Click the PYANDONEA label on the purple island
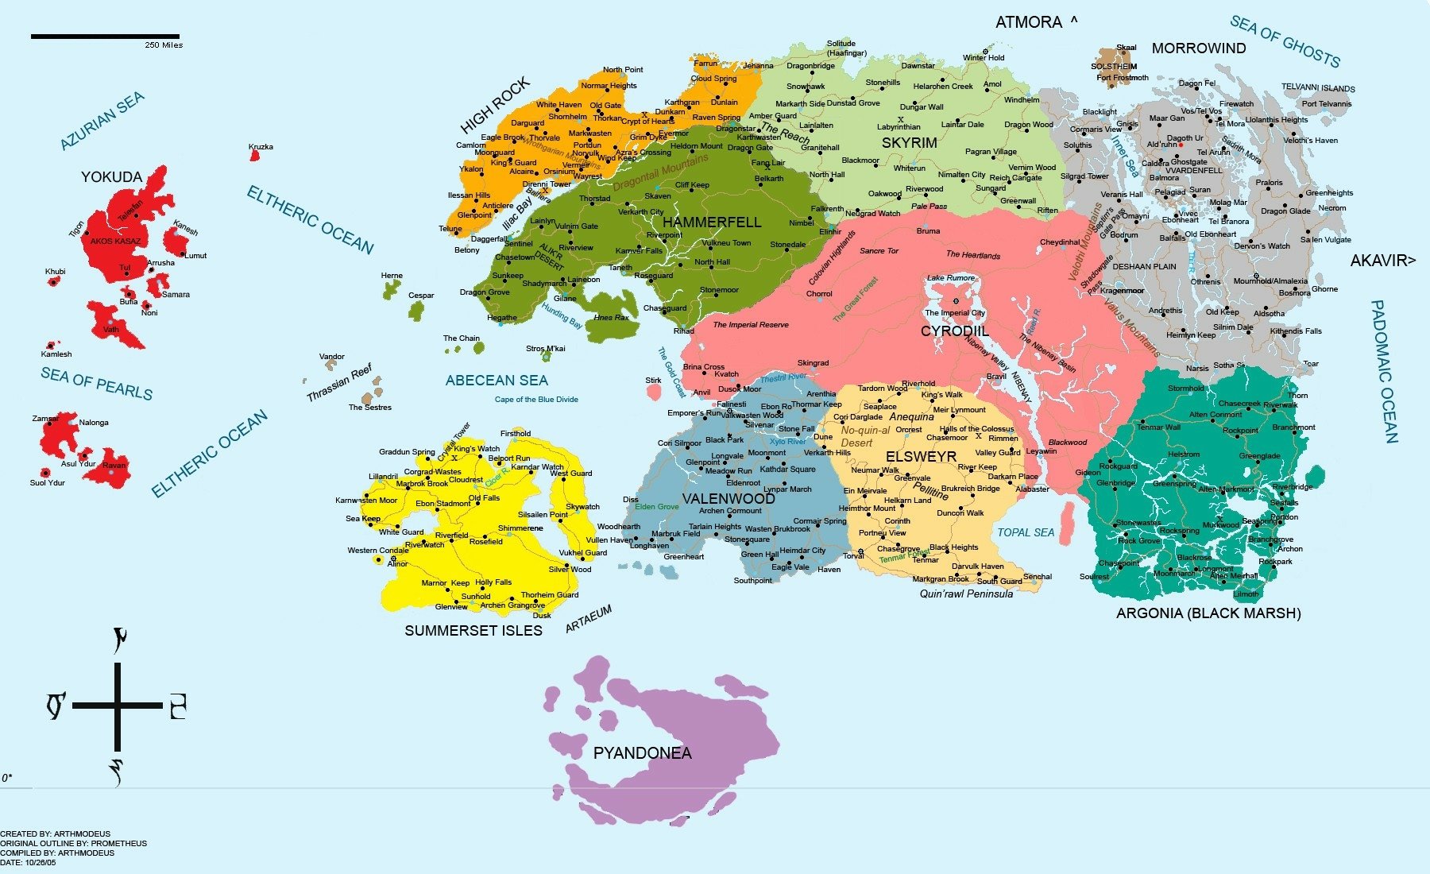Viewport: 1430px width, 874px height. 642,753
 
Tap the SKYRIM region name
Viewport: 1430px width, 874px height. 909,143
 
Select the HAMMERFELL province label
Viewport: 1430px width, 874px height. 712,222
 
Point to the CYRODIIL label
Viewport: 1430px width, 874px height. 955,331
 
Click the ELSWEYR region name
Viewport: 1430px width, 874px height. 921,457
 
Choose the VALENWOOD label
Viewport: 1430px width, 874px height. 729,499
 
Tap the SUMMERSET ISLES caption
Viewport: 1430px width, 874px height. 473,631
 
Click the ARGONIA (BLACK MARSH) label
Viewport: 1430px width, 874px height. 1208,613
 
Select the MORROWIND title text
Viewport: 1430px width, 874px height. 1199,48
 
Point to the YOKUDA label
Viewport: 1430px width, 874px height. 111,177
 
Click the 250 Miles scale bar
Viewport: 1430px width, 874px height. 105,36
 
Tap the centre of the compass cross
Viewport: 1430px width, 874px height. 118,705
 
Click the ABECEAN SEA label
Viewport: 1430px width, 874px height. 497,381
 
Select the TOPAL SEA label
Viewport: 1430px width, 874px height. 1026,532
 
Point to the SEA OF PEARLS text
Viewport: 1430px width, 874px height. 96,384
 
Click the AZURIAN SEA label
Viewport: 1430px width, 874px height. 102,120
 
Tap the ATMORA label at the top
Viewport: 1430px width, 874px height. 1029,23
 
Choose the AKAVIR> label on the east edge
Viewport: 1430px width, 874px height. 1382,261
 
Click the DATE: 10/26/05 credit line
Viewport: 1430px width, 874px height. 28,862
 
